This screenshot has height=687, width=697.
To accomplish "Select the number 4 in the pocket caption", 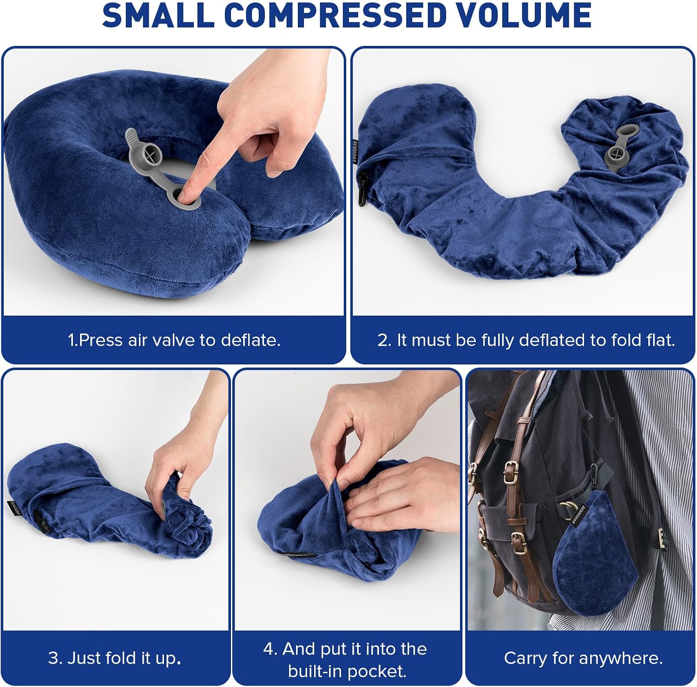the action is (269, 648).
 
